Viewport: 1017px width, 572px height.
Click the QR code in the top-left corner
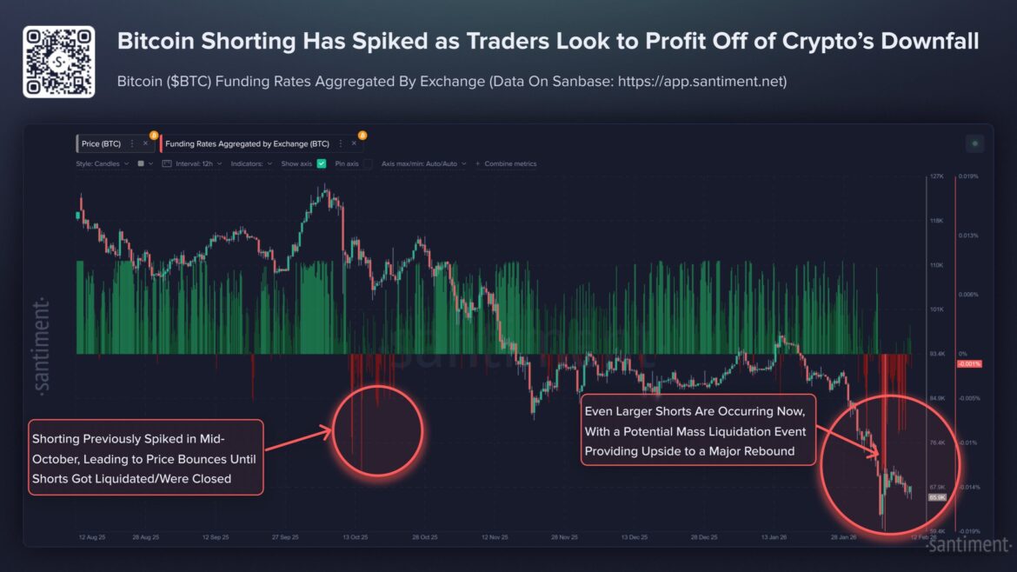(x=58, y=62)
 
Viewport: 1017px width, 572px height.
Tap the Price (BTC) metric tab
(x=101, y=143)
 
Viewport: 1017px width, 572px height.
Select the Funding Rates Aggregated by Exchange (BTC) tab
(x=248, y=143)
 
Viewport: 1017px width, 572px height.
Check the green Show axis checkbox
(x=322, y=163)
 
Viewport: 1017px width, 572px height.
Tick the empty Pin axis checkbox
(x=369, y=163)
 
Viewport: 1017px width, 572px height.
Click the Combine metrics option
(x=510, y=163)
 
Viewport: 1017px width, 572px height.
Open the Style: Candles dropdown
(x=102, y=163)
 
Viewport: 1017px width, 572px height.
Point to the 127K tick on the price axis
(x=936, y=176)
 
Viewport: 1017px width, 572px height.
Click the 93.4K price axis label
(x=937, y=354)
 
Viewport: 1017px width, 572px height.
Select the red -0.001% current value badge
(x=968, y=363)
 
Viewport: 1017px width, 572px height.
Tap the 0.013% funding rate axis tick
(x=968, y=235)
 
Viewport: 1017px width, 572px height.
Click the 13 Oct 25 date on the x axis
(x=355, y=537)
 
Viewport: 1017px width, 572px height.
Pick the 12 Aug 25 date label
(x=92, y=537)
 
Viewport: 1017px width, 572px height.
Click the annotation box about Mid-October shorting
(x=145, y=458)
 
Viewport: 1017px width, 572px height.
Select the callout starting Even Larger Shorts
(x=695, y=429)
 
